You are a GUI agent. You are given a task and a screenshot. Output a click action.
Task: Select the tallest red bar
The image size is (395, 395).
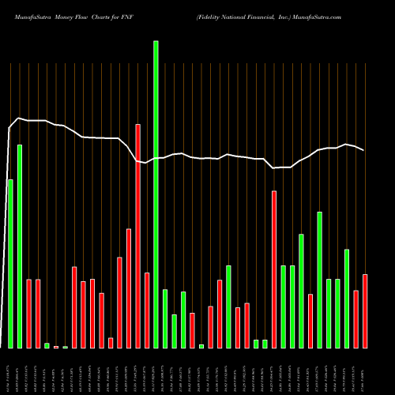(137, 236)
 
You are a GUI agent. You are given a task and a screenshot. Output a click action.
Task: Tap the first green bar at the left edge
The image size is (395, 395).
(10, 264)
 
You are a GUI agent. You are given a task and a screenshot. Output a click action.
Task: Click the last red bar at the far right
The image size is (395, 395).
(365, 311)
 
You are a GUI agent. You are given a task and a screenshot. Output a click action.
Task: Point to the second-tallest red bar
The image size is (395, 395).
(274, 269)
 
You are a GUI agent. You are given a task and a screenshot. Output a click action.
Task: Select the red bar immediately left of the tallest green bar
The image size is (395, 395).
(147, 310)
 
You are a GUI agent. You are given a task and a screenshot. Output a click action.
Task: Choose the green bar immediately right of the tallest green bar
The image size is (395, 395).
(165, 318)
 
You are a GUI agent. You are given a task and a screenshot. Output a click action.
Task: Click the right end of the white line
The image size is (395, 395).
(363, 150)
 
